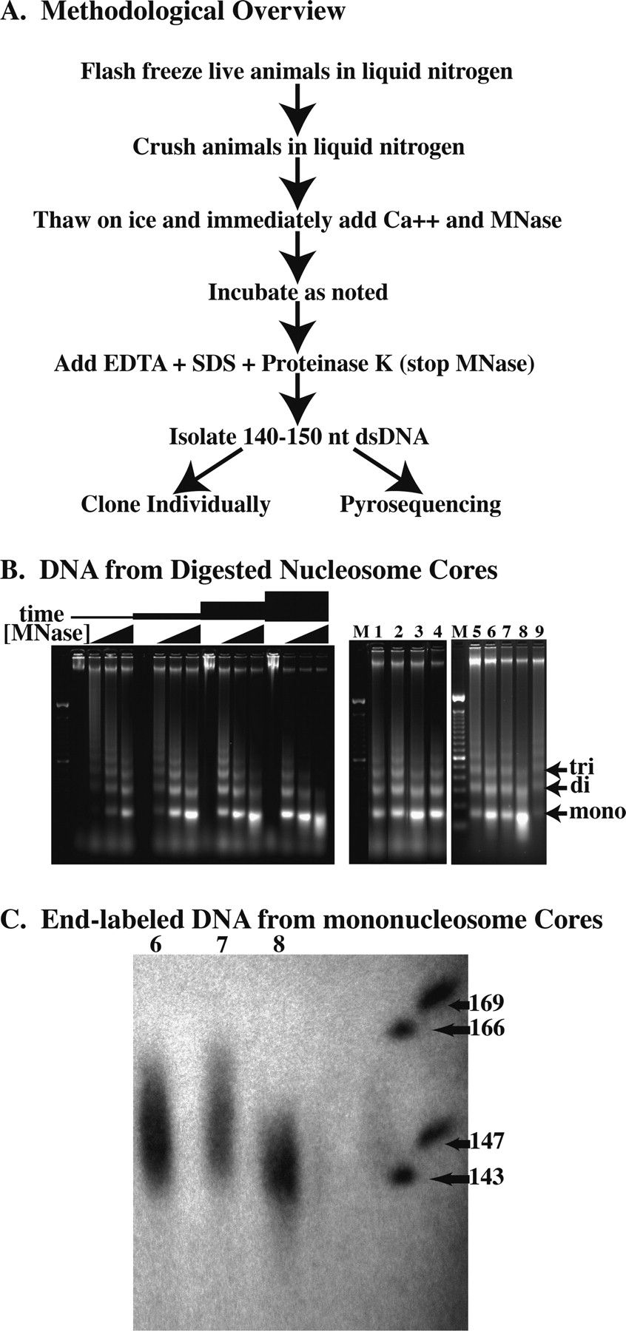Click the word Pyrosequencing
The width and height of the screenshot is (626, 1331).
pos(420,505)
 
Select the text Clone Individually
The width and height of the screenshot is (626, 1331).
pos(175,505)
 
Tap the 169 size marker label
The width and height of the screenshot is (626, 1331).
pos(487,1004)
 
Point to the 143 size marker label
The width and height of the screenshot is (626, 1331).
pos(487,1177)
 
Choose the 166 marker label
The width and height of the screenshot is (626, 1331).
pos(487,1029)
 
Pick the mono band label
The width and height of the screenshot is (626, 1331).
pos(596,813)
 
